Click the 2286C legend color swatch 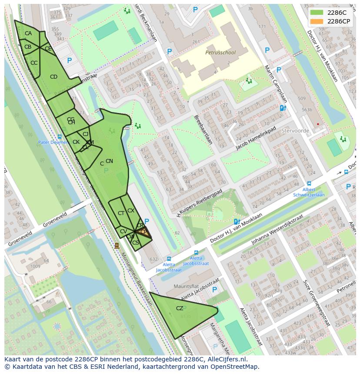click(317, 13)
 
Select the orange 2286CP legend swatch click(317, 21)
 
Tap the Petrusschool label click(220, 53)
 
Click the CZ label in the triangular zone click(180, 308)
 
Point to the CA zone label click(28, 33)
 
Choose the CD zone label click(53, 77)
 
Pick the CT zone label click(121, 213)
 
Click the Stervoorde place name click(295, 130)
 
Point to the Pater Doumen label click(53, 142)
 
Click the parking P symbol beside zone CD click(69, 61)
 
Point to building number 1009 click(35, 266)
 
